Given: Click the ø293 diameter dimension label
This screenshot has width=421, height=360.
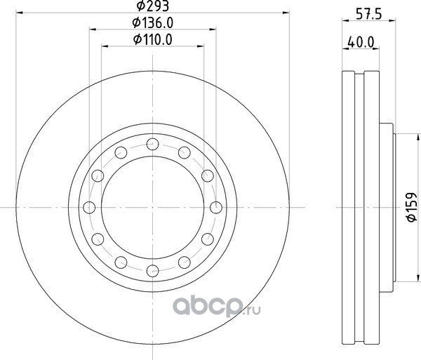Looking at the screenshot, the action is click(x=152, y=6).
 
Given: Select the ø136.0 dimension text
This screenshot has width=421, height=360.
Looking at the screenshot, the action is click(x=152, y=23).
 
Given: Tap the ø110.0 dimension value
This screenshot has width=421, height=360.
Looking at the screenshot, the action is click(x=152, y=40).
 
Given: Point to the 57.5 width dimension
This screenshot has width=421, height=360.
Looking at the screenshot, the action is click(x=368, y=14).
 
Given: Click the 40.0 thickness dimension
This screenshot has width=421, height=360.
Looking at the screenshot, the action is click(x=361, y=42).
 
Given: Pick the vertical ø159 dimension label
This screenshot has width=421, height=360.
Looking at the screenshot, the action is click(x=411, y=207).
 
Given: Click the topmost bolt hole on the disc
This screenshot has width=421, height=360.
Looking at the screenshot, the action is click(x=152, y=144).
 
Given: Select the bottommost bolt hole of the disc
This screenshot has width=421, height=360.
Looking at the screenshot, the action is click(x=152, y=271).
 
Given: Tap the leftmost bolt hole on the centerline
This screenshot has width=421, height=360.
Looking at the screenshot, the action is click(x=89, y=208).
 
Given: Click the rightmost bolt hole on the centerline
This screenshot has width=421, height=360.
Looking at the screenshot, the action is click(x=216, y=208).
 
